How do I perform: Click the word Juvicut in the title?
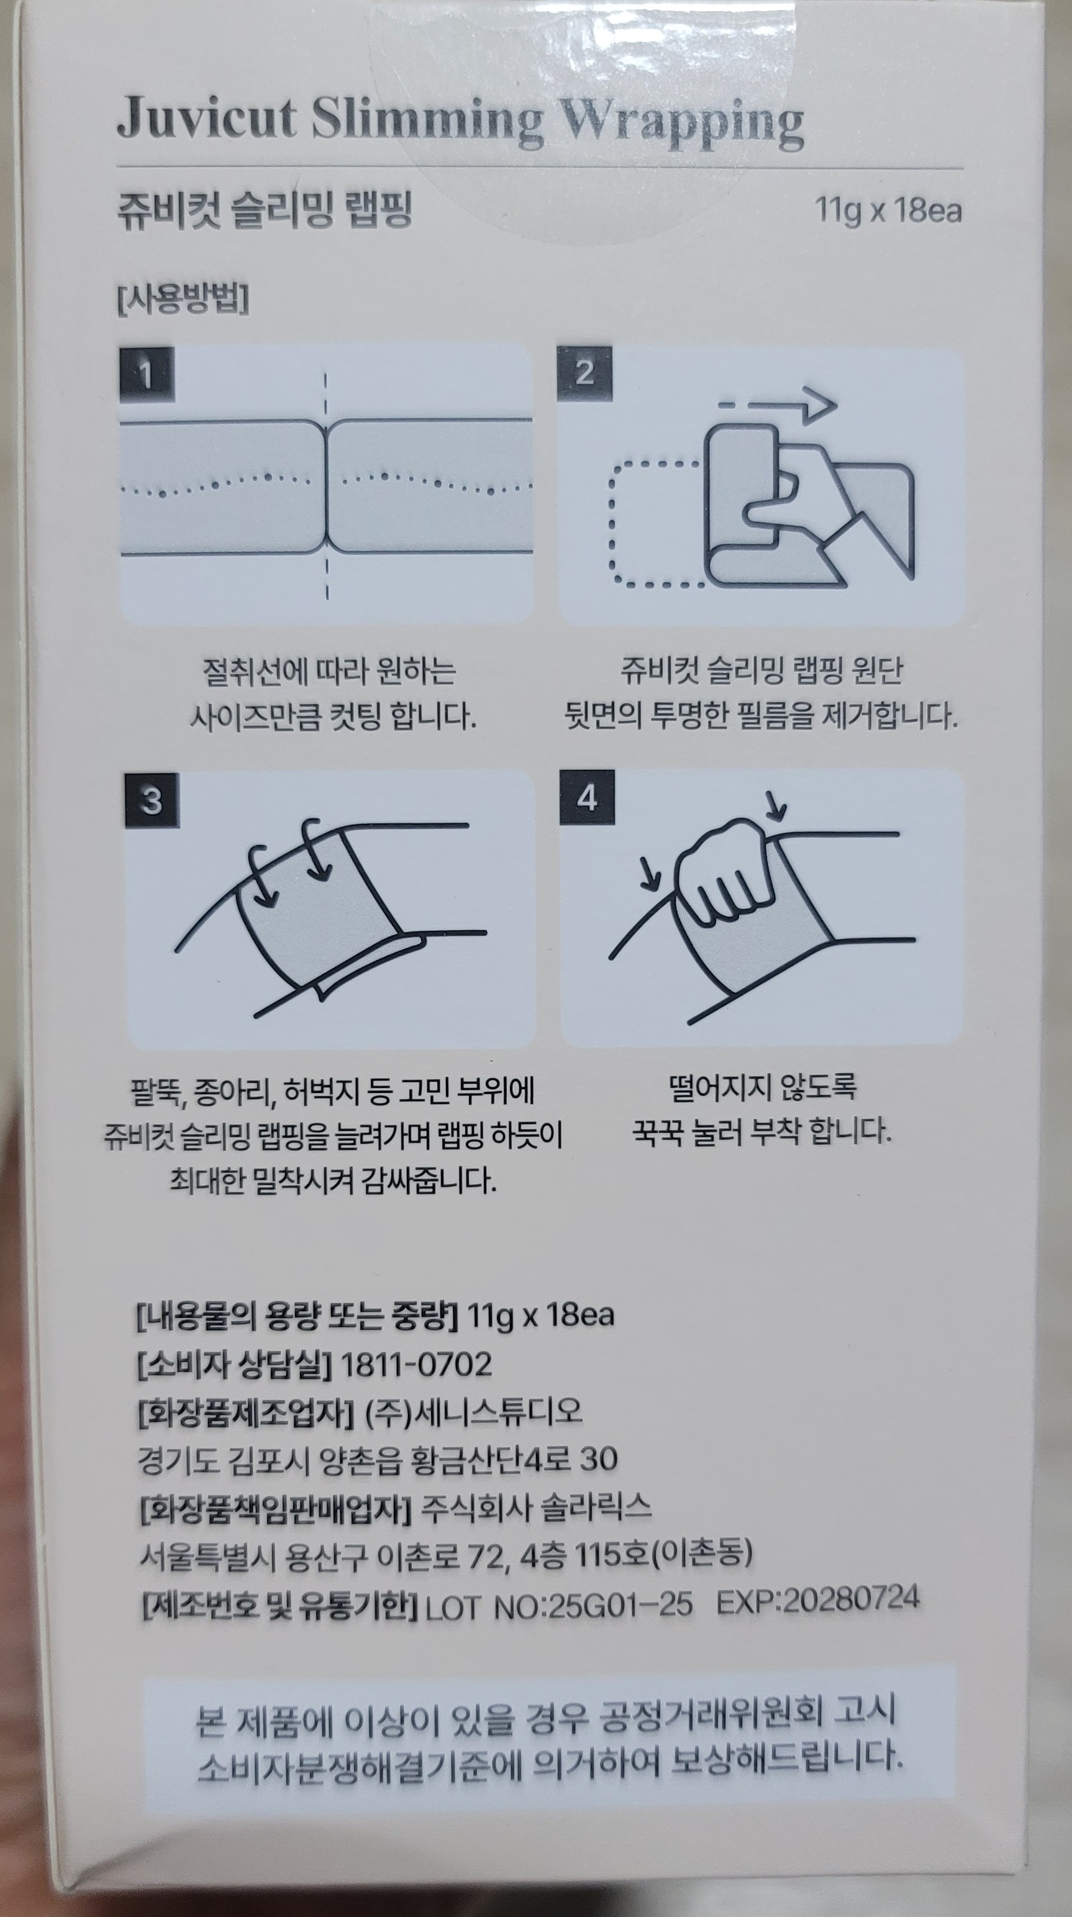point(207,118)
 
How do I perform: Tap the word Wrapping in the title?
point(681,123)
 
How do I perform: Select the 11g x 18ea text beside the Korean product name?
point(888,211)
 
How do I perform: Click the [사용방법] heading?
point(183,299)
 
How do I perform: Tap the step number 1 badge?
point(147,374)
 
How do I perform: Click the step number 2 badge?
point(584,373)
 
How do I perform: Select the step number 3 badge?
point(152,800)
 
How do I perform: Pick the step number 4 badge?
point(587,798)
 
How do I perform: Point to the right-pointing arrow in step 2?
point(778,406)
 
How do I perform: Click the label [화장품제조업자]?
point(245,1412)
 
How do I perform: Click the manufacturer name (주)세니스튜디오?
point(473,1411)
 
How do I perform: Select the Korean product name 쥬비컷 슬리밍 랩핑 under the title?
point(265,210)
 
